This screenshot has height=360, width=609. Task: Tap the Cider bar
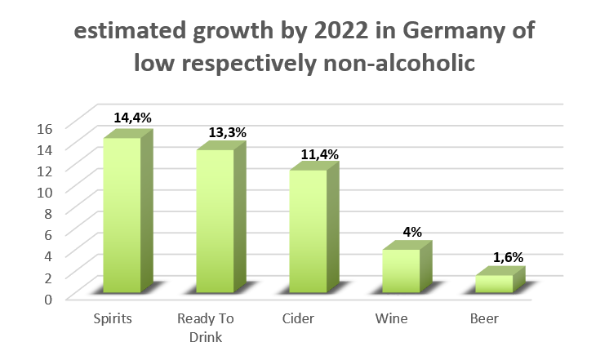click(x=307, y=232)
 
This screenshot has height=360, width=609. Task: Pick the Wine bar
click(x=400, y=271)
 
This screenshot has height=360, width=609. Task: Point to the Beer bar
click(x=493, y=283)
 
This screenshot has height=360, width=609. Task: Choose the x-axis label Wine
click(x=391, y=318)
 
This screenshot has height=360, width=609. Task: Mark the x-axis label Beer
click(x=484, y=318)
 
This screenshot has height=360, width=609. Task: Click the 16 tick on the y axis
click(x=46, y=127)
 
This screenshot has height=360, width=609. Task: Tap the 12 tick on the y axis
click(x=46, y=170)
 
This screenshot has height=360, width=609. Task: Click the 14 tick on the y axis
click(x=46, y=149)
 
